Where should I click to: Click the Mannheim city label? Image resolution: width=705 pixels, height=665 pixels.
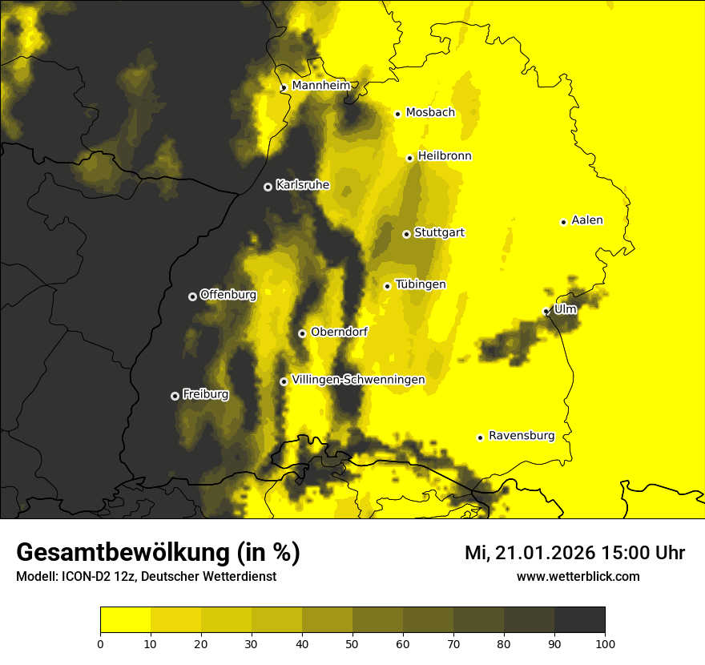click(x=321, y=85)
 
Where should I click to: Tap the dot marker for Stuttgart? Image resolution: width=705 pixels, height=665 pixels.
click(x=407, y=234)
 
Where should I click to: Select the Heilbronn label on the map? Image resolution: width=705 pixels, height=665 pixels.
click(x=445, y=155)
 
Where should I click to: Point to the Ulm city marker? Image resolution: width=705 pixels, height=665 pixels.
click(x=546, y=311)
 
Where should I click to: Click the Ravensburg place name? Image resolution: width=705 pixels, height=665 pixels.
click(x=522, y=436)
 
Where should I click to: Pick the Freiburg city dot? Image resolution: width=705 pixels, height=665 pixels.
click(x=175, y=396)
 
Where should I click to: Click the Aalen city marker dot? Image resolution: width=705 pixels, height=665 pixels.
click(x=563, y=222)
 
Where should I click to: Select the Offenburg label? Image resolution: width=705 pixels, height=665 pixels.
click(x=228, y=294)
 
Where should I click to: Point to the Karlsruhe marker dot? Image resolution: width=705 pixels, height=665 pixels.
click(x=268, y=187)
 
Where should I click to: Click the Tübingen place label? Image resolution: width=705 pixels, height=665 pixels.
click(x=421, y=284)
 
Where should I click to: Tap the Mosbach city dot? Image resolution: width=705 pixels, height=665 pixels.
click(x=397, y=114)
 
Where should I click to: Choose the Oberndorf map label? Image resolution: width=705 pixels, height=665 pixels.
click(x=340, y=332)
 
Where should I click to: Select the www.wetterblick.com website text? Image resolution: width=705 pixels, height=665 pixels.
click(x=578, y=576)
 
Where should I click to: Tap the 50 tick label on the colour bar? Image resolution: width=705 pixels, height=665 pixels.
click(x=352, y=643)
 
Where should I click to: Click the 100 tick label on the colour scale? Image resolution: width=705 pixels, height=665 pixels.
click(x=605, y=643)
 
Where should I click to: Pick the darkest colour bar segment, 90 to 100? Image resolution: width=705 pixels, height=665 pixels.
click(x=579, y=620)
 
